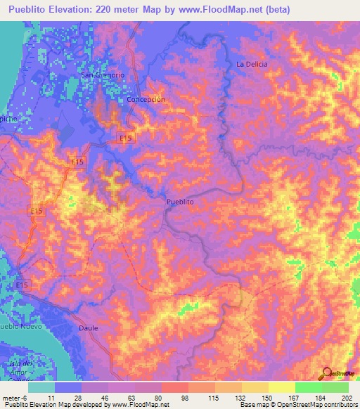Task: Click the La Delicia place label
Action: click(252, 64)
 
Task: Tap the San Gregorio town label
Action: click(103, 75)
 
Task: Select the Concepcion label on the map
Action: click(146, 100)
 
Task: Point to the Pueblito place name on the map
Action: click(180, 202)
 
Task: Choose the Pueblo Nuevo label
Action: click(21, 327)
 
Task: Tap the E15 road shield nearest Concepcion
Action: click(126, 139)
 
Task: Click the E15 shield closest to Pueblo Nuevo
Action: click(22, 285)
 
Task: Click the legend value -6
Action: click(27, 397)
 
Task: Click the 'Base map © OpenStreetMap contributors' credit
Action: click(297, 405)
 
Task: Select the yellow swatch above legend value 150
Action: click(255, 387)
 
